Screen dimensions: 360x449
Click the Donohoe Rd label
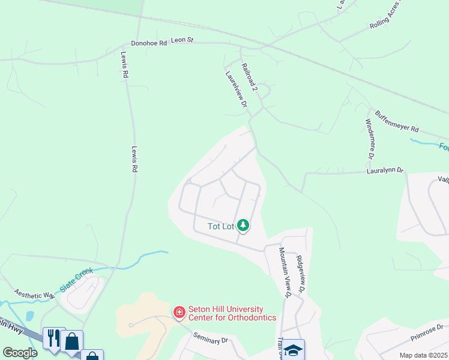click(149, 43)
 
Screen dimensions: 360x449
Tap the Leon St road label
click(182, 40)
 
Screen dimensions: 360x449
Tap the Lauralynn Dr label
click(385, 172)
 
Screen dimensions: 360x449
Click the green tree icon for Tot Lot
click(243, 226)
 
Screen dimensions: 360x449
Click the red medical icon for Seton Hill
click(178, 313)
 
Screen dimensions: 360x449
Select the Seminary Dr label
click(211, 340)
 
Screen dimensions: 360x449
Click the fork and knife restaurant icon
click(53, 338)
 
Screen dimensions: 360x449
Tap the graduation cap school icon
click(294, 350)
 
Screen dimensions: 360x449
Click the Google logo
click(20, 353)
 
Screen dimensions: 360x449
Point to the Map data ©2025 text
click(423, 355)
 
